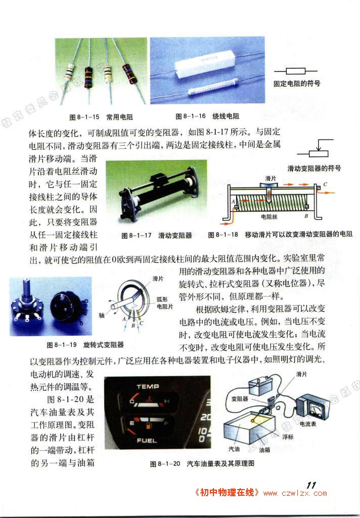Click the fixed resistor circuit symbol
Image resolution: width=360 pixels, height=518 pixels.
(x=296, y=71)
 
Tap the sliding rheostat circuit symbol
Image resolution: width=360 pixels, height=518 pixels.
(x=316, y=149)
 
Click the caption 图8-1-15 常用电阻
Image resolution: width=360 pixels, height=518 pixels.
(x=101, y=117)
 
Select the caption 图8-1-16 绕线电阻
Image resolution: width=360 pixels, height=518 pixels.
(x=207, y=116)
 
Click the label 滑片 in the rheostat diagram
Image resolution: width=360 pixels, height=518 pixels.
(x=271, y=178)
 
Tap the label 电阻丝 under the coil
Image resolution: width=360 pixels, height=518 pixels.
(x=269, y=217)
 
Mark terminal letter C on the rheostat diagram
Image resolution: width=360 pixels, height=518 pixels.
(x=325, y=184)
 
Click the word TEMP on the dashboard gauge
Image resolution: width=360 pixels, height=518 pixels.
(x=148, y=386)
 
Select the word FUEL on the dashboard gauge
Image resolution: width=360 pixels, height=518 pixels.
(x=147, y=441)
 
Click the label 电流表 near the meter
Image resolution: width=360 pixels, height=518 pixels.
(x=308, y=424)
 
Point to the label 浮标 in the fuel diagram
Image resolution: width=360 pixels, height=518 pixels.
(x=288, y=437)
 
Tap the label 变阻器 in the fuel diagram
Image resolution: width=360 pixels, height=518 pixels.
(x=240, y=399)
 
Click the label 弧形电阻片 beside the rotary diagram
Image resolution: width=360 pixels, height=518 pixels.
(x=164, y=303)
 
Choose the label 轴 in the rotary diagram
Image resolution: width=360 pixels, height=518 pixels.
(x=102, y=315)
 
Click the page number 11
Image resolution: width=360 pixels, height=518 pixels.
(x=311, y=485)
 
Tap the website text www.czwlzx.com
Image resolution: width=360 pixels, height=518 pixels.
(x=295, y=493)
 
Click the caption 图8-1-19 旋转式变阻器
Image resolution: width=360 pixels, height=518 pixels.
(x=85, y=345)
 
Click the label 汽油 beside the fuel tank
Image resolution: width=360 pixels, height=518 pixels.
(x=234, y=449)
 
